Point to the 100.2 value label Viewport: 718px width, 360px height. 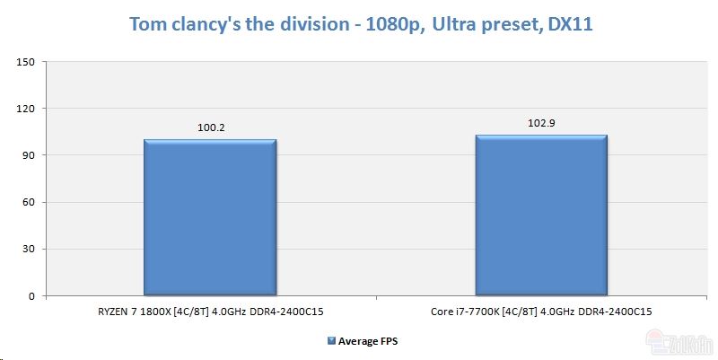210,128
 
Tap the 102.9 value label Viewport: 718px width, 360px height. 541,124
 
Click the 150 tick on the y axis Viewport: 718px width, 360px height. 25,62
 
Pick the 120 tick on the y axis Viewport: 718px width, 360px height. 25,109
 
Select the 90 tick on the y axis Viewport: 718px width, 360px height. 28,155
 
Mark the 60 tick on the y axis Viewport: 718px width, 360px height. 28,202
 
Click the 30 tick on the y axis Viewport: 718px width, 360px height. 28,249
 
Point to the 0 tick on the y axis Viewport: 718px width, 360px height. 31,295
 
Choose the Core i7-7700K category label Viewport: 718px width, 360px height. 541,311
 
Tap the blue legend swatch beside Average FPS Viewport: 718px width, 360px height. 331,341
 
